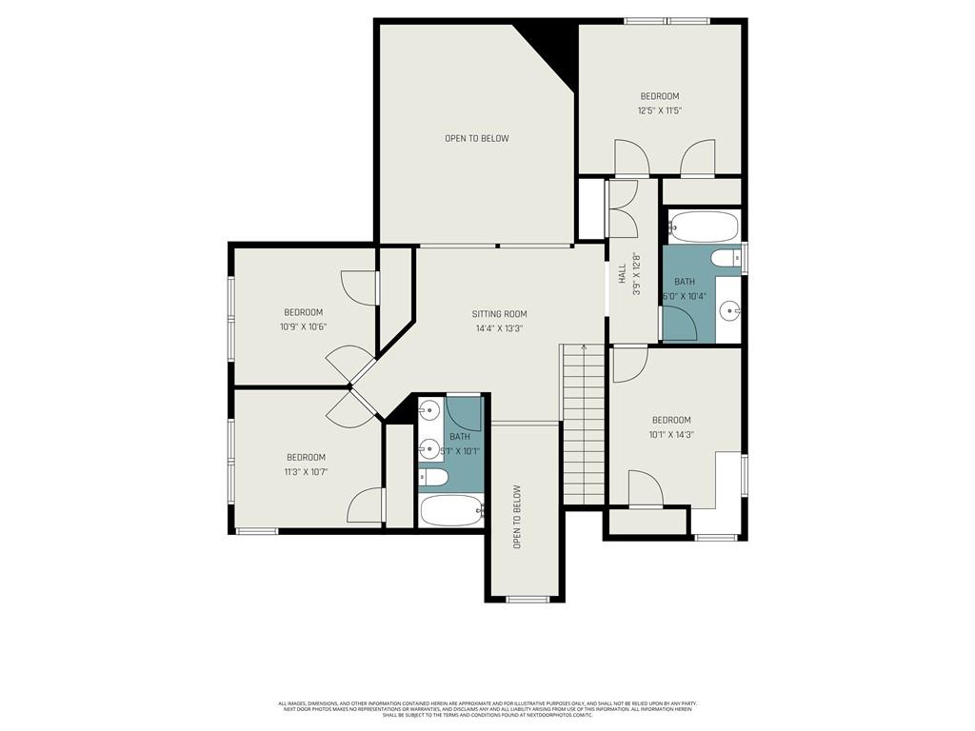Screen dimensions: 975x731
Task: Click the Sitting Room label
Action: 499,314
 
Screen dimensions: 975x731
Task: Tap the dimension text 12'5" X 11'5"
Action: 659,111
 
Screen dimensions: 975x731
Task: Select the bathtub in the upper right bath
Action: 704,227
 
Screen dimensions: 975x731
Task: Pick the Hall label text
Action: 622,274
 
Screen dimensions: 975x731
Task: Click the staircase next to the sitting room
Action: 583,425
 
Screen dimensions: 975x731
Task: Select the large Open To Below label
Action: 476,139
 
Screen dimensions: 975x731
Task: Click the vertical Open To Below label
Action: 518,517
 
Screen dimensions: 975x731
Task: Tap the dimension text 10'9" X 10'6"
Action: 303,326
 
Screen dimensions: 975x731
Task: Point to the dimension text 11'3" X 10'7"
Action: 306,471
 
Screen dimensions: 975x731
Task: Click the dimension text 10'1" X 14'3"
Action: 671,434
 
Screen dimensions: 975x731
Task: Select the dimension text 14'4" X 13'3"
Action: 499,328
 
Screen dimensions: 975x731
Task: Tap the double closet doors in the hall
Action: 623,209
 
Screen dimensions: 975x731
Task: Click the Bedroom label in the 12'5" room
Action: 659,96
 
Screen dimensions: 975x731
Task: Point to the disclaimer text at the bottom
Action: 487,709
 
